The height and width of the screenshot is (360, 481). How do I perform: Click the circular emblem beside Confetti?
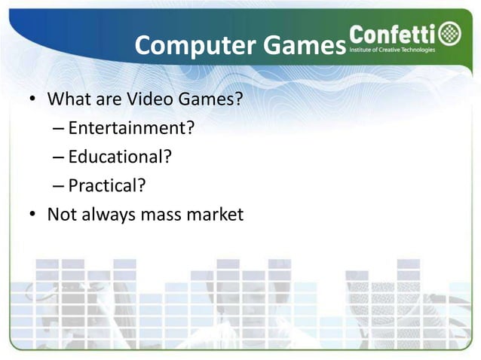tap(451, 35)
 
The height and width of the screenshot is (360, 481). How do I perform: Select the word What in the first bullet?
tap(67, 100)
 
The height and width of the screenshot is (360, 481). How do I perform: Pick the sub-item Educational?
tap(120, 157)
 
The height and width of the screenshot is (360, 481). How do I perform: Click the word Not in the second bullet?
tap(60, 215)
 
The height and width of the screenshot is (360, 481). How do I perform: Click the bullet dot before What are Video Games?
tap(32, 101)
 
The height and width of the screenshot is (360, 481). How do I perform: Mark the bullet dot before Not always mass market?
tap(32, 215)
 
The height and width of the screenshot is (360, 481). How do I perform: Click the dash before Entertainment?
tap(59, 130)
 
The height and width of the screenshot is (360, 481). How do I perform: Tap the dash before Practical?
tap(59, 187)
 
